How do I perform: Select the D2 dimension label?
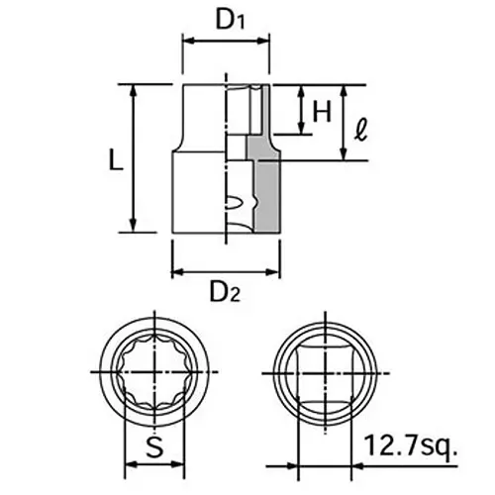tap(226, 293)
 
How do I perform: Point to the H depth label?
tap(320, 111)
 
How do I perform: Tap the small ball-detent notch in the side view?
tap(234, 205)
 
